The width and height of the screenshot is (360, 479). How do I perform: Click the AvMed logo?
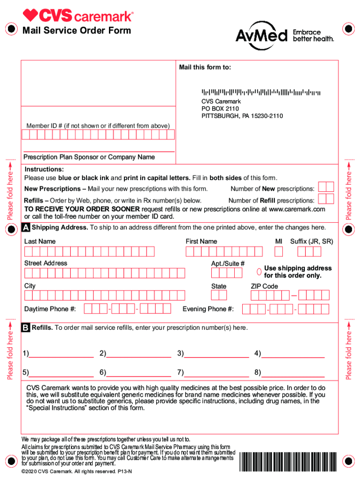tap(262, 36)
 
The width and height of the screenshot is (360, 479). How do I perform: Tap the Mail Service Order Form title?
tap(77, 31)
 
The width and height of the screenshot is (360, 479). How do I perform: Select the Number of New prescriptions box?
tap(325, 187)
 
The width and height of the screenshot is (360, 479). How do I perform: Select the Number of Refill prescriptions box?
tap(325, 199)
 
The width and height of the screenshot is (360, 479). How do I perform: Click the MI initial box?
tap(279, 252)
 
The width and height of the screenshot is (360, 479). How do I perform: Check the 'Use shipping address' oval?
tap(259, 272)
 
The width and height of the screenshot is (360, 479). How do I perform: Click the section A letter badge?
tap(26, 228)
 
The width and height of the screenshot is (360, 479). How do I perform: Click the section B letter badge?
tap(26, 328)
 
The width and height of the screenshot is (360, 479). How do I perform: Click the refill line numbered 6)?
tap(138, 373)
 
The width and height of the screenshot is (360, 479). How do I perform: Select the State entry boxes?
tap(219, 295)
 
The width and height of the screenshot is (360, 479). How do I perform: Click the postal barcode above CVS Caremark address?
tap(261, 92)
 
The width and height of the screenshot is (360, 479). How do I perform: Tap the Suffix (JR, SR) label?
tap(311, 241)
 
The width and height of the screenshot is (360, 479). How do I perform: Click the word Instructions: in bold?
tap(44, 169)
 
